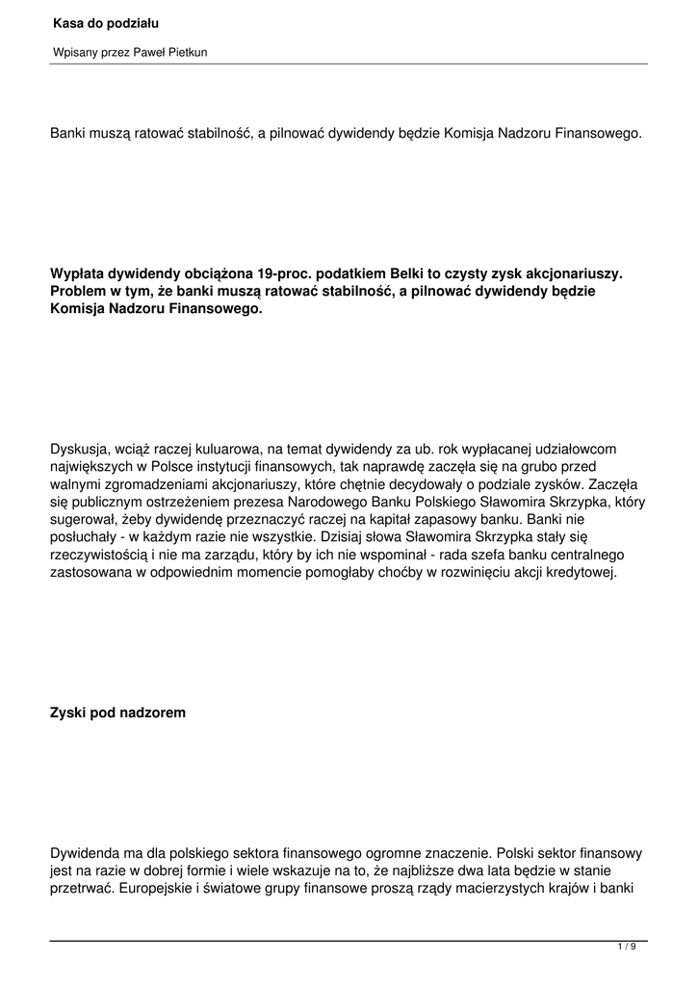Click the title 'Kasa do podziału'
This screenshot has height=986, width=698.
(106, 21)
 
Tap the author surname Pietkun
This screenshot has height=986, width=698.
(185, 53)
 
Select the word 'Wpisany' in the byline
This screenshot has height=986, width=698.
(74, 53)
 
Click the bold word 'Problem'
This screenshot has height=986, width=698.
(79, 292)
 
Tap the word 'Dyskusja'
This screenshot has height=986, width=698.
(80, 449)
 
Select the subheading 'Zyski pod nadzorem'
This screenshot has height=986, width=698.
(117, 714)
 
